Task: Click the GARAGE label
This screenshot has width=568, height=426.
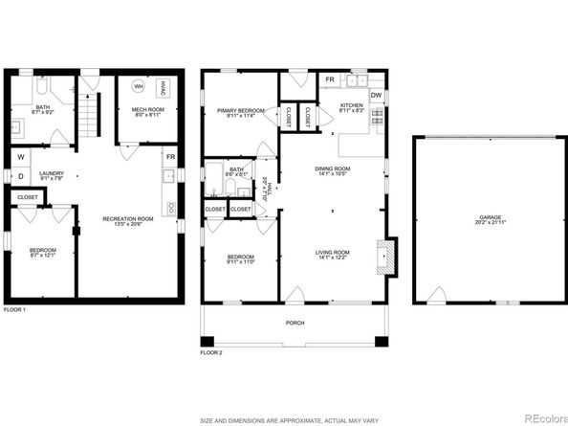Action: pos(490,219)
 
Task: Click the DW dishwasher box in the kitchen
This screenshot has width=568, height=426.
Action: pos(376,95)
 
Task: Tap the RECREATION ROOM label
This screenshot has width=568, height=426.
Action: pos(128,222)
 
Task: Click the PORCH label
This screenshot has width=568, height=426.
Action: pos(295,323)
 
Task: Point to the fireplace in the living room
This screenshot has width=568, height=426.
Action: pos(383,256)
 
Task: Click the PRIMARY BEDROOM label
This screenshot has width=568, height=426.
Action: pos(239,113)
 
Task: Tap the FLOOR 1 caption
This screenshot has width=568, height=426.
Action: pos(15,309)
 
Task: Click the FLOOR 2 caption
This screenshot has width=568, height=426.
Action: pos(210,352)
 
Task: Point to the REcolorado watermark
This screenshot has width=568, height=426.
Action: pos(539,415)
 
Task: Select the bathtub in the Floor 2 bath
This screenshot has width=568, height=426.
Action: pos(215,178)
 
